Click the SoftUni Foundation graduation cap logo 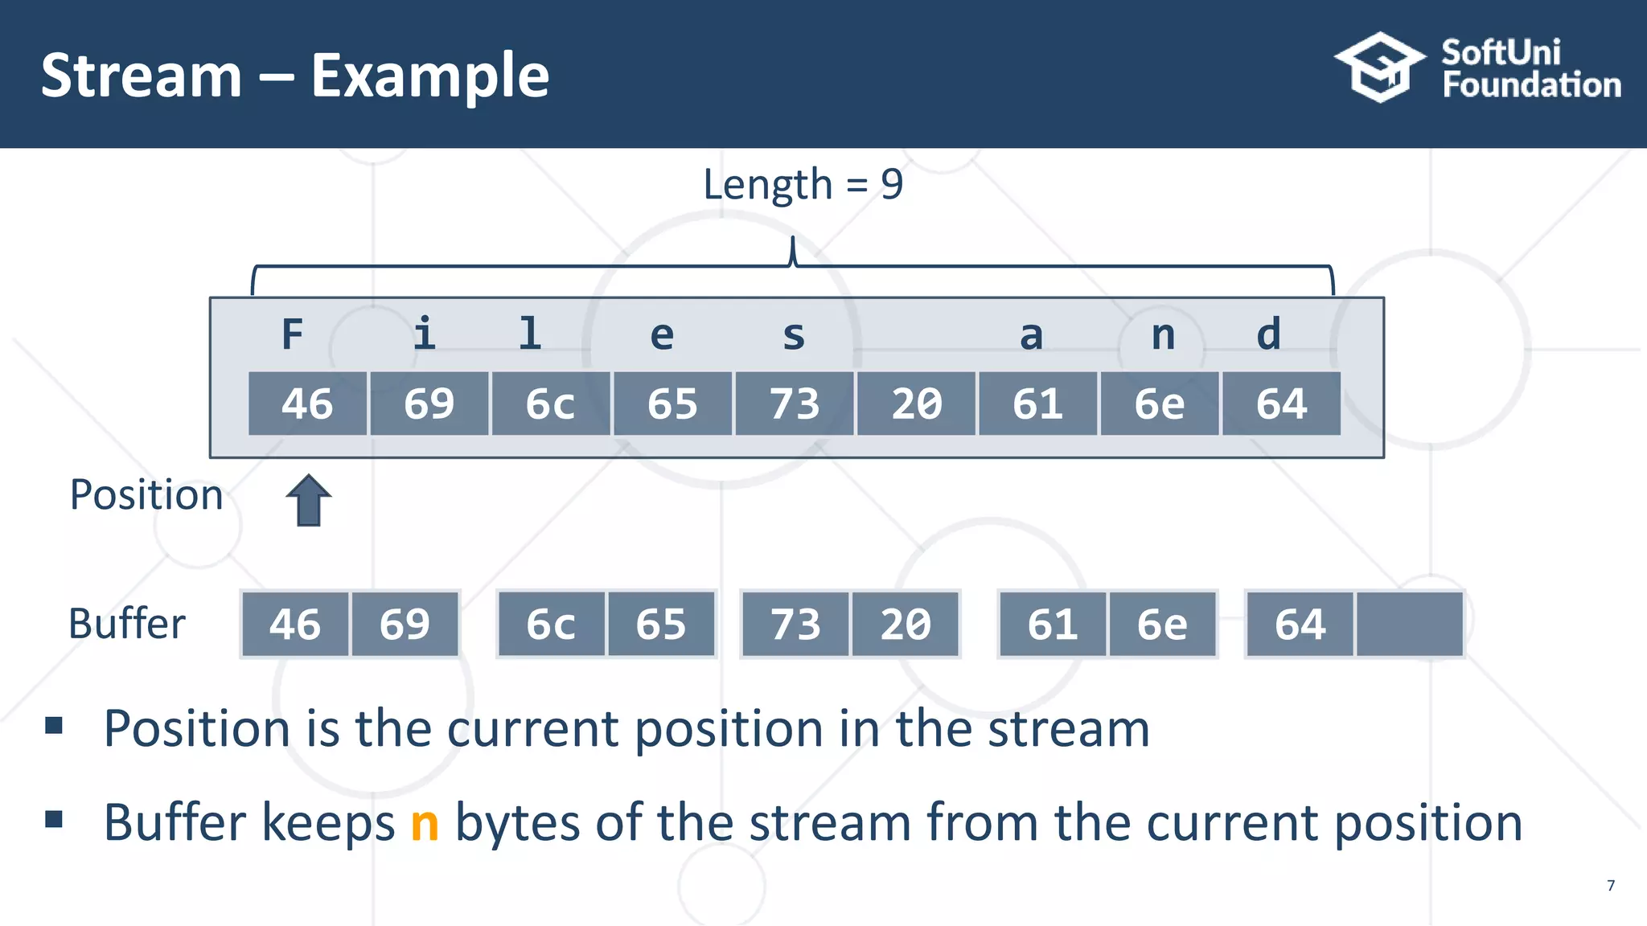[x=1379, y=68]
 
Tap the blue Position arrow [x=308, y=500]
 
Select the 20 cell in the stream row [x=916, y=404]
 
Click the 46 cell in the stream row [x=307, y=404]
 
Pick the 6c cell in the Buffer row [x=551, y=625]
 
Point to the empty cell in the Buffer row [x=1409, y=625]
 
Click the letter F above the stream [x=293, y=334]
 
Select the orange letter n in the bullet [x=425, y=823]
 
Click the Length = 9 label [x=803, y=184]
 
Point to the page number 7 [x=1610, y=886]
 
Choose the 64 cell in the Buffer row [x=1300, y=625]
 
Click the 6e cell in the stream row [x=1159, y=404]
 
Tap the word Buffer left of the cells [x=127, y=624]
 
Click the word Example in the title [x=430, y=76]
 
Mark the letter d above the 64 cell [x=1268, y=334]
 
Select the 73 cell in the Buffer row [x=795, y=625]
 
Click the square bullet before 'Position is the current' [x=54, y=726]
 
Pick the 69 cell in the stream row [x=429, y=404]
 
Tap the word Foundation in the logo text [x=1531, y=84]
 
